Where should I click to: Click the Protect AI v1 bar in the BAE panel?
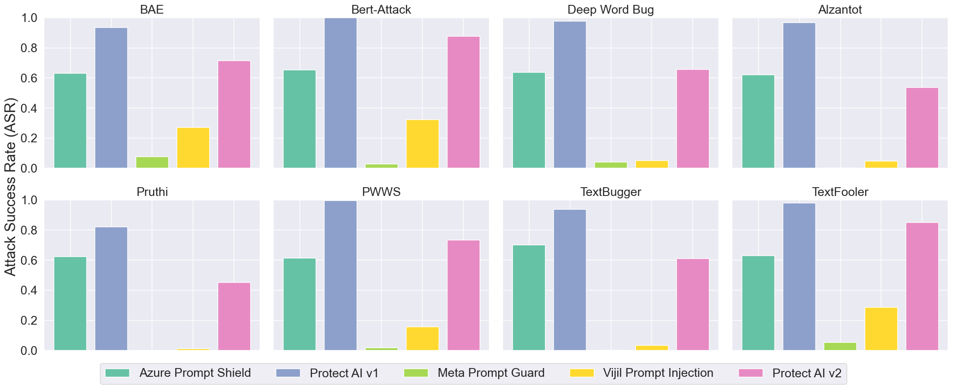click(x=111, y=97)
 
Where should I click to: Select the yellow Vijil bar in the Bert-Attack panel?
click(x=423, y=144)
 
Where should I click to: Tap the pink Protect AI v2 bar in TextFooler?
click(x=922, y=286)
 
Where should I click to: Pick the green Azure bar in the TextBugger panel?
click(x=529, y=297)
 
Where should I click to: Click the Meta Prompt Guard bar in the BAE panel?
click(x=152, y=162)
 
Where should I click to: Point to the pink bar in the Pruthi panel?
click(x=234, y=316)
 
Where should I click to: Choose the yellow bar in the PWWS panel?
click(x=423, y=338)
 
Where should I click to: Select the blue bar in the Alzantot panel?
click(x=799, y=95)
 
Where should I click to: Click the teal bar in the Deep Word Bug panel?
click(x=529, y=120)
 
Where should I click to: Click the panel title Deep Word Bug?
click(x=610, y=10)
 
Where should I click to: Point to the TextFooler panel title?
click(x=840, y=192)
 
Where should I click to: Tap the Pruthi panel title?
click(x=152, y=192)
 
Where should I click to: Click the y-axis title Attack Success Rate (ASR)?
click(x=11, y=187)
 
